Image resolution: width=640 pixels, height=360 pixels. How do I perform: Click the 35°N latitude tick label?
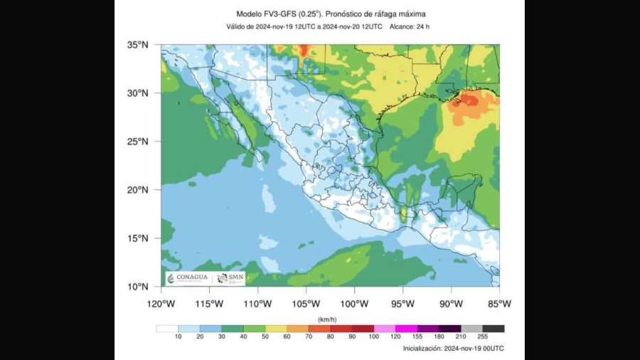point(137,45)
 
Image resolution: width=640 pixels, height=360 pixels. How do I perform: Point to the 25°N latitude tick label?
point(137,142)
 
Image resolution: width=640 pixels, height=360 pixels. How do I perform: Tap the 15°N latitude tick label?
point(137,238)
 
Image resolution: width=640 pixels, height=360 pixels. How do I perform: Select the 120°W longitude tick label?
point(161,304)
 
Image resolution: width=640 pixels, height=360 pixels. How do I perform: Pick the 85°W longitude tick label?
point(499,304)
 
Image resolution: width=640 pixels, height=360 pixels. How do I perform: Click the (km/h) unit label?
point(328,319)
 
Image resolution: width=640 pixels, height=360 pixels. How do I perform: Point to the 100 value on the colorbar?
point(374,337)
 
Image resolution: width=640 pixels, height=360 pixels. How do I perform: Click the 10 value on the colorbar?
point(178,337)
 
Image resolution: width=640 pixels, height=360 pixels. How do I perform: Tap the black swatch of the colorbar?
point(494,329)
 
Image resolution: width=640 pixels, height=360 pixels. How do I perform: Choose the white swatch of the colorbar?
point(166,329)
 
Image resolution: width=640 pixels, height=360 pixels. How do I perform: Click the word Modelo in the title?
point(250,14)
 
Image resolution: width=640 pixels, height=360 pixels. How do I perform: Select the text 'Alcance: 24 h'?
point(410,27)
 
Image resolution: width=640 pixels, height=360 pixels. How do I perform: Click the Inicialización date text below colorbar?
point(453,349)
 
